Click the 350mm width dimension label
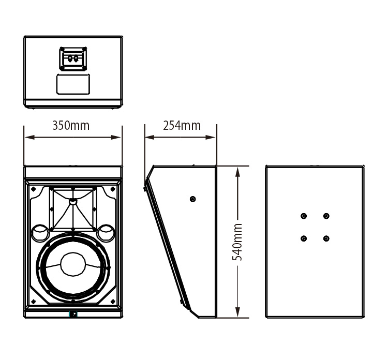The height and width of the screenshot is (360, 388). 71,126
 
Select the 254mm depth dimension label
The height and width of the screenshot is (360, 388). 182,126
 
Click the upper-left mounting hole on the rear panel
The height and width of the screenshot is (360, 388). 304,216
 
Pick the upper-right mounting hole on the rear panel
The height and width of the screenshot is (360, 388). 326,216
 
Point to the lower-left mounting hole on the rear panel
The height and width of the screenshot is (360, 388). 304,238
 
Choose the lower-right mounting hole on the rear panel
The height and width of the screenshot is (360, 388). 326,238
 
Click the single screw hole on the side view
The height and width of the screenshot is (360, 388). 193,199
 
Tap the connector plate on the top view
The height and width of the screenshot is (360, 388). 73,58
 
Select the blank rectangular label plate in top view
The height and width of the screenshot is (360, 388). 73,84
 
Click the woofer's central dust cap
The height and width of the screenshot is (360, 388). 73,264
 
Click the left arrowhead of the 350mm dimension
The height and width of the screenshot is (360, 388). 27,138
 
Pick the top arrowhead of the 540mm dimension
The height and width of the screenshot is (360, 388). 237,169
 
